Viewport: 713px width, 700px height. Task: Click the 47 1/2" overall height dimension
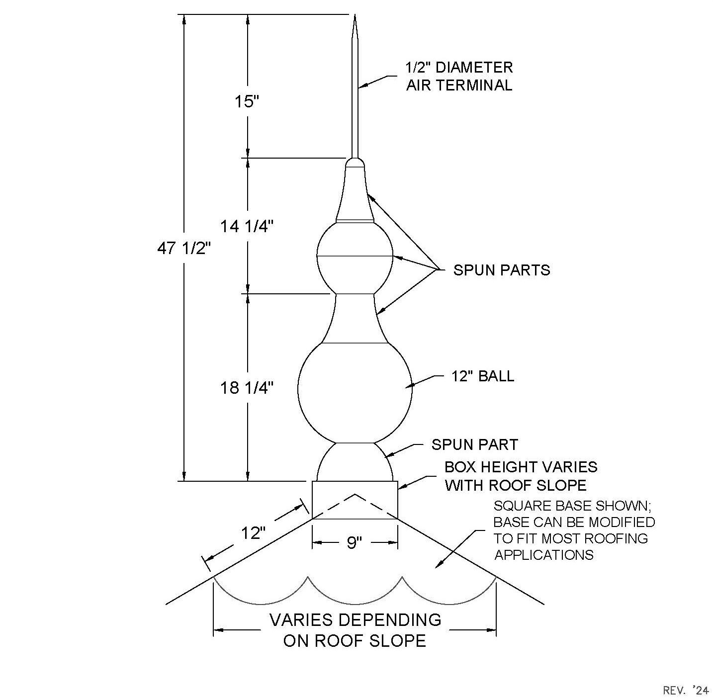pyautogui.click(x=184, y=249)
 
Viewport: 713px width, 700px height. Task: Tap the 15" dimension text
pyautogui.click(x=247, y=101)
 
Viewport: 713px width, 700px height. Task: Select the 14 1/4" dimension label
pyautogui.click(x=247, y=226)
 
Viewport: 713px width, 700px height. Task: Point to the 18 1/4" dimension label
pyautogui.click(x=247, y=388)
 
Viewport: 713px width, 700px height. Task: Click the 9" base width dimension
pyautogui.click(x=354, y=543)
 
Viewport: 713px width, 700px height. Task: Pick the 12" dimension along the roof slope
pyautogui.click(x=254, y=533)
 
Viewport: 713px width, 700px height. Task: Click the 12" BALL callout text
pyautogui.click(x=482, y=376)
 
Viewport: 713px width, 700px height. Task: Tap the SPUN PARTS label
pyautogui.click(x=502, y=270)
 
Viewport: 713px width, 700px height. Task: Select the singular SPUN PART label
pyautogui.click(x=474, y=444)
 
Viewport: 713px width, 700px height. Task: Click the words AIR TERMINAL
pyautogui.click(x=459, y=85)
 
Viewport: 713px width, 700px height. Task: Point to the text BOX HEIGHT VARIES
pyautogui.click(x=521, y=467)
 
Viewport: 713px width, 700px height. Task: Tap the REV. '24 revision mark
pyautogui.click(x=686, y=690)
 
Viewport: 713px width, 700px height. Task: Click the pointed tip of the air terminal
pyautogui.click(x=355, y=15)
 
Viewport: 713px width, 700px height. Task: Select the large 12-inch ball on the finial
pyautogui.click(x=355, y=392)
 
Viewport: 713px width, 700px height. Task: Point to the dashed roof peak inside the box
pyautogui.click(x=355, y=494)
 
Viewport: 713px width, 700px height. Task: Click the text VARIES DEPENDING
pyautogui.click(x=355, y=619)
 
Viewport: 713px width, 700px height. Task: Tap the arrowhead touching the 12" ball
pyautogui.click(x=409, y=386)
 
